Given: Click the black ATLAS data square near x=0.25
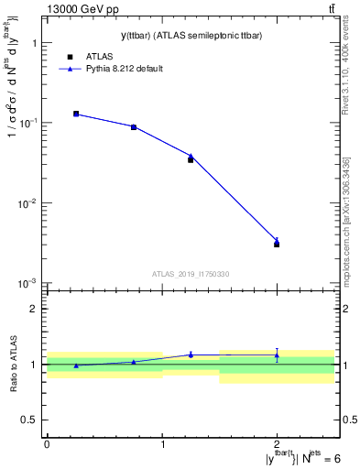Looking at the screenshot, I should (76, 114).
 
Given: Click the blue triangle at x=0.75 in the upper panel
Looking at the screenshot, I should (134, 126).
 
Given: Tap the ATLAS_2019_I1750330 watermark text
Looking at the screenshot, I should (191, 274).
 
